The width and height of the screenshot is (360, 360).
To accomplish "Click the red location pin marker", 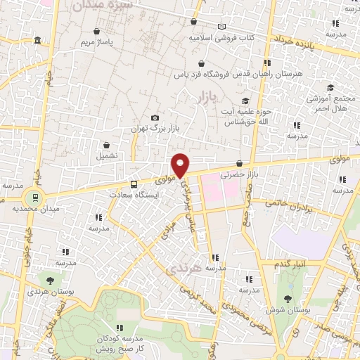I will (181, 164).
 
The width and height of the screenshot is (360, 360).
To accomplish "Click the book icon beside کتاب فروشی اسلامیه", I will (222, 27).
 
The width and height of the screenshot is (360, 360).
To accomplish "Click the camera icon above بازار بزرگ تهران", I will (155, 118).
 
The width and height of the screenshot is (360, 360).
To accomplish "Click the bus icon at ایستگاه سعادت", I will (134, 184).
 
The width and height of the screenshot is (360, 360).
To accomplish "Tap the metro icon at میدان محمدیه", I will (32, 195).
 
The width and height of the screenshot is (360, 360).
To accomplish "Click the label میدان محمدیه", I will (30, 209).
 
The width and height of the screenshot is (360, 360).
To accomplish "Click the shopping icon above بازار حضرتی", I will (240, 163).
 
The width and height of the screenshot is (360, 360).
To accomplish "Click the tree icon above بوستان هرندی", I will (49, 280).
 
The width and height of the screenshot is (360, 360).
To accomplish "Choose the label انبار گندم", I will (292, 263).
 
